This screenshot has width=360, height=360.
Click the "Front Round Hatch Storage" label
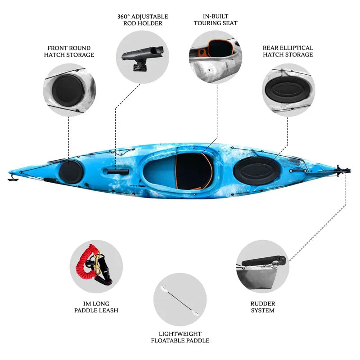[x=69, y=51]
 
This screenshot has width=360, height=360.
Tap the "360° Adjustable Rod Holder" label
[x=143, y=20]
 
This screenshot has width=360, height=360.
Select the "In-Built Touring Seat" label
[x=215, y=20]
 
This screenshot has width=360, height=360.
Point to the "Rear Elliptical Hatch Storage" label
[x=288, y=51]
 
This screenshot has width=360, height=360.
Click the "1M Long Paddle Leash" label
[x=96, y=307]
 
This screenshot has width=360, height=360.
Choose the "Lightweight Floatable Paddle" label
[x=180, y=337]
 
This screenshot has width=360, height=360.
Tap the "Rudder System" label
[x=263, y=307]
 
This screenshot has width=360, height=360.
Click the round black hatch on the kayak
[x=71, y=171]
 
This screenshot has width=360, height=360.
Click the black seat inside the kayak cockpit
[x=193, y=171]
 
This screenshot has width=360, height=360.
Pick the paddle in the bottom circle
[x=180, y=299]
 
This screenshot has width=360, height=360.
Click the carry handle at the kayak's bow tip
[x=12, y=179]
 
